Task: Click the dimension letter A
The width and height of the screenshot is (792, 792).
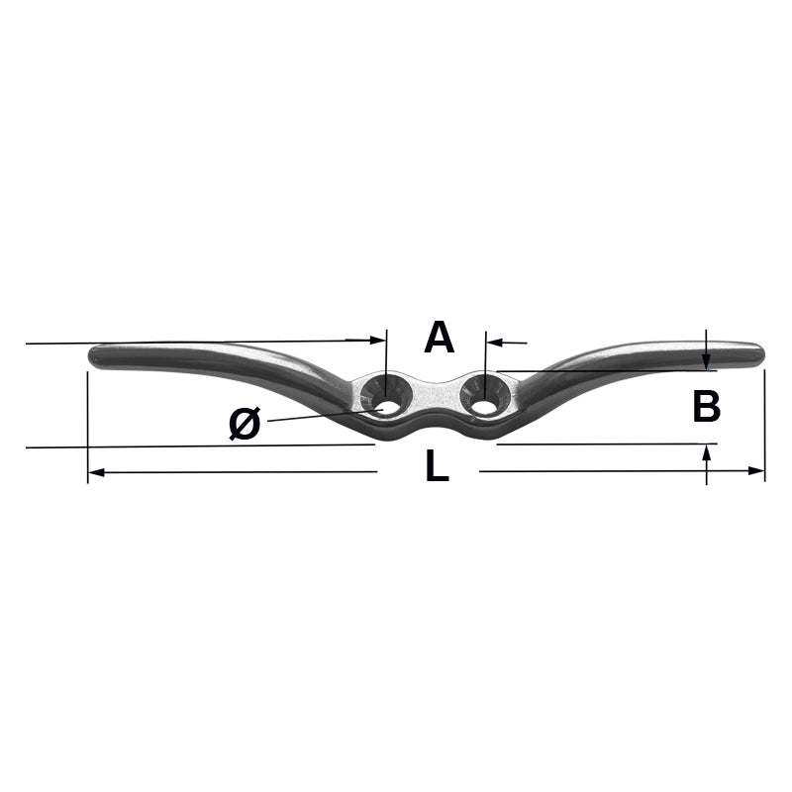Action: (x=439, y=338)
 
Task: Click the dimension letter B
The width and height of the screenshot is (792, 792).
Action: (x=706, y=406)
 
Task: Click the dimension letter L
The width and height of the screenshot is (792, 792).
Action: (x=437, y=465)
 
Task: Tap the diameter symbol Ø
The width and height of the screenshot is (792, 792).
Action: (x=245, y=423)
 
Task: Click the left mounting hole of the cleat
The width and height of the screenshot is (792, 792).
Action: (x=386, y=408)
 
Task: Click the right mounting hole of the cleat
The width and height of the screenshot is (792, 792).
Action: (x=484, y=408)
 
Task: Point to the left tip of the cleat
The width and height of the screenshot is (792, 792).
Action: (x=90, y=356)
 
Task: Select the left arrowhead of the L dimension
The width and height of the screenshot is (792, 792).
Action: (x=96, y=472)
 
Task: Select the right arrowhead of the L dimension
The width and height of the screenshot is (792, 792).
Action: (x=756, y=471)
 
